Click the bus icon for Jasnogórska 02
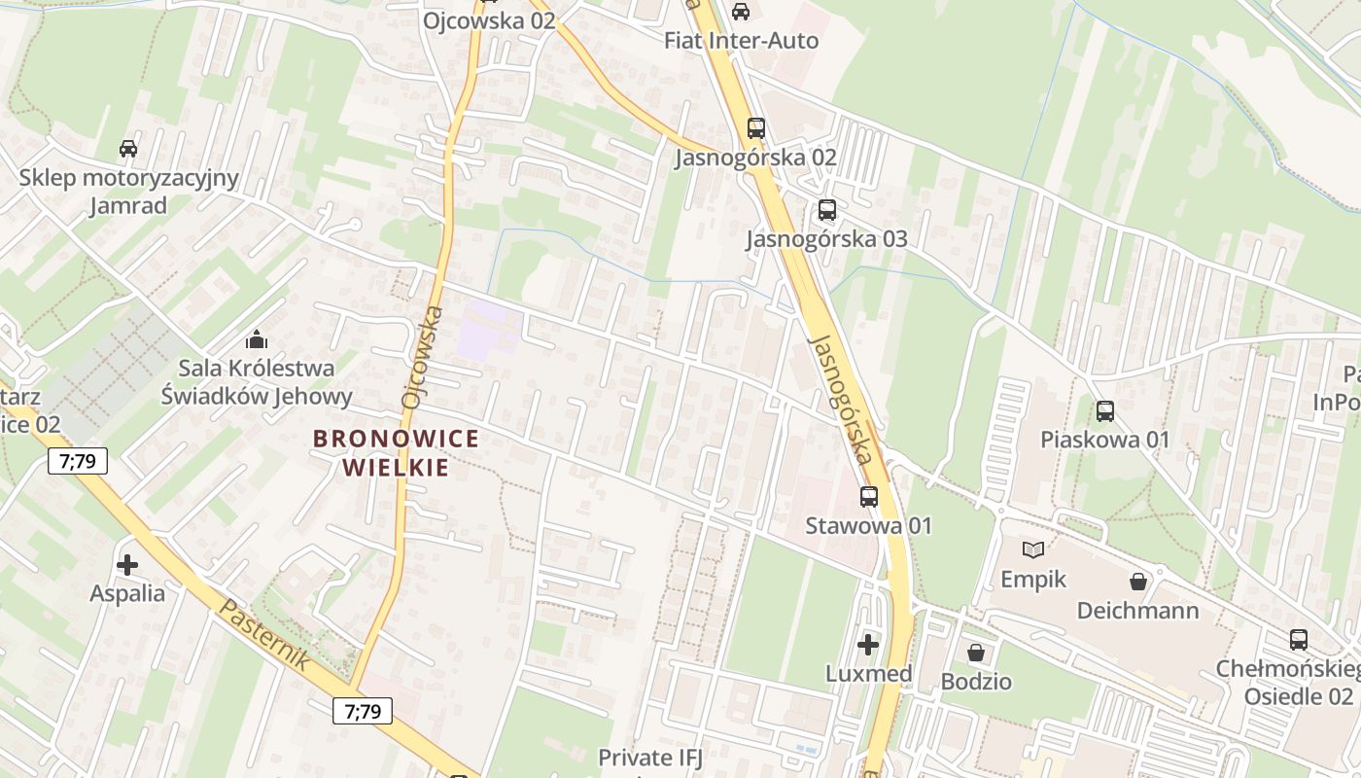[755, 127]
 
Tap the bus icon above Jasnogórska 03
[826, 209]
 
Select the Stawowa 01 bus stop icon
[869, 496]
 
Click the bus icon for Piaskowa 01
[1105, 410]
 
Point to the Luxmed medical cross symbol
[868, 644]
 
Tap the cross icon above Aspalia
[126, 564]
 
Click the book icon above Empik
[1033, 550]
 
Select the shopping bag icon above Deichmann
[1138, 582]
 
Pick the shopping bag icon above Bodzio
[976, 652]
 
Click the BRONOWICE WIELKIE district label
[396, 452]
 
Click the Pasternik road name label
[264, 634]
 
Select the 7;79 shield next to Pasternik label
[363, 711]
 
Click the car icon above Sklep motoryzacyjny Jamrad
[127, 149]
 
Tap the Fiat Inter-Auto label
[741, 41]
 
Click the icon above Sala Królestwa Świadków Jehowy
[257, 339]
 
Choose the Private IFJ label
[649, 757]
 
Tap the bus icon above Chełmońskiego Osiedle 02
[1299, 640]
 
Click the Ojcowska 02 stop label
[489, 19]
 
